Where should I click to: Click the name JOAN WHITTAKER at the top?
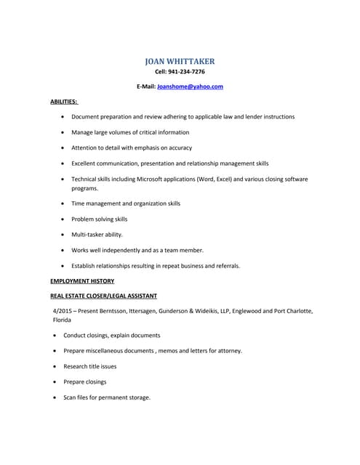pyautogui.click(x=180, y=61)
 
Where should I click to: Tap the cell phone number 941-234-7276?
pyautogui.click(x=188, y=72)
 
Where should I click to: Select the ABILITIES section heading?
pyautogui.click(x=64, y=102)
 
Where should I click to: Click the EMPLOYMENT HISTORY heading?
pyautogui.click(x=82, y=280)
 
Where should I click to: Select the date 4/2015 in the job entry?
pyautogui.click(x=64, y=311)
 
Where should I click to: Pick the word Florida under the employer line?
pyautogui.click(x=62, y=320)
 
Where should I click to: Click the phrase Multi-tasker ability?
pyautogui.click(x=97, y=235)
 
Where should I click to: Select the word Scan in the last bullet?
pyautogui.click(x=70, y=397)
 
